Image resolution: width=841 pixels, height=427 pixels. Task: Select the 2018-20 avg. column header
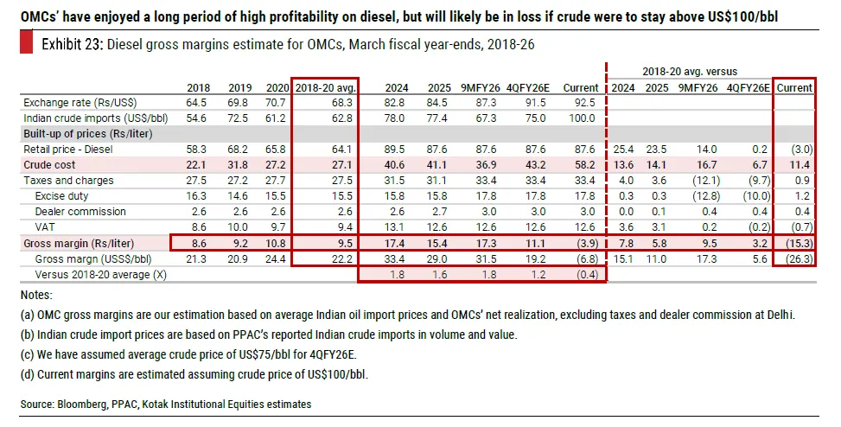coord(325,87)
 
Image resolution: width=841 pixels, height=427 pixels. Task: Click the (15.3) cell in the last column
coord(796,244)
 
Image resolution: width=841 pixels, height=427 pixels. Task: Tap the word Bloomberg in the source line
coord(86,404)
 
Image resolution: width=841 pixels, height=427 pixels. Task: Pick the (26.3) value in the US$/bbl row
coord(796,259)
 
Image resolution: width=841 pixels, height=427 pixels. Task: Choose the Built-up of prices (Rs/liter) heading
coord(80,134)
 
